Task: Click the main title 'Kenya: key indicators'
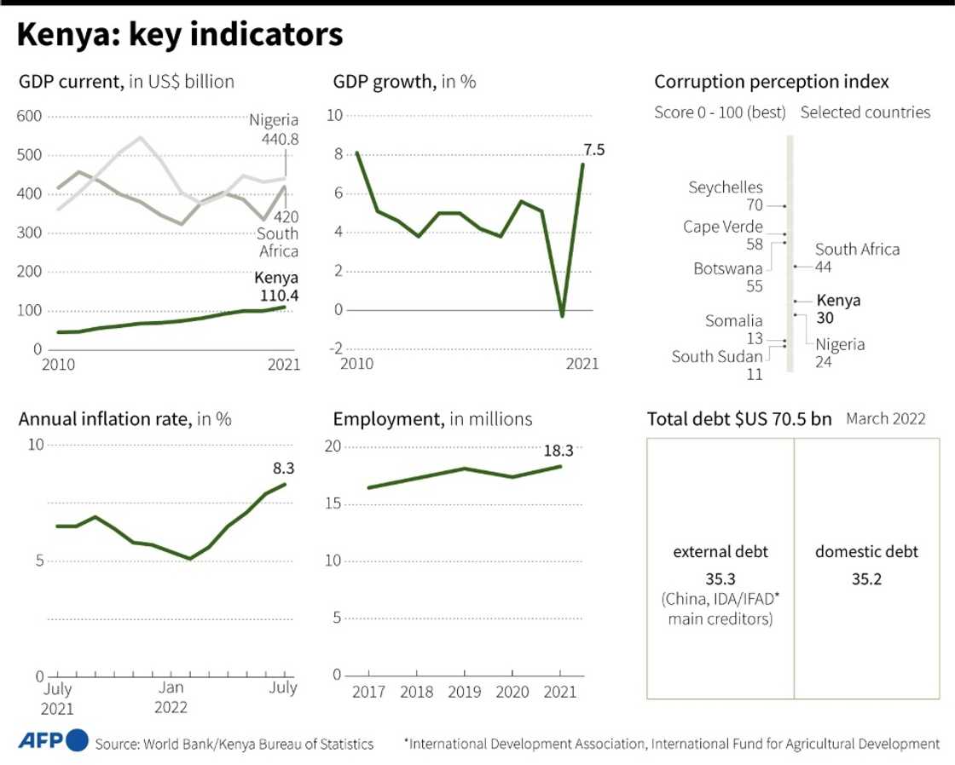(x=180, y=36)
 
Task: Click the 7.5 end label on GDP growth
(x=594, y=150)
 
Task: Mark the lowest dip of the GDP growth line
(x=562, y=316)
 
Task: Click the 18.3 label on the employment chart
(x=559, y=451)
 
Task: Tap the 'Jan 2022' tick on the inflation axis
(x=171, y=698)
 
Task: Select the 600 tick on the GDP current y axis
(x=30, y=117)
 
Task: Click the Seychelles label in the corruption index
(x=726, y=188)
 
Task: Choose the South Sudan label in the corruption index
(x=716, y=357)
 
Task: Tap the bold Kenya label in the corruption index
(x=838, y=300)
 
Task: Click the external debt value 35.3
(x=721, y=579)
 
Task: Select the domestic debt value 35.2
(x=866, y=579)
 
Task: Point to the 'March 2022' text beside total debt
(x=885, y=419)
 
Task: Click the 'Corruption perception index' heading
(x=772, y=82)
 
